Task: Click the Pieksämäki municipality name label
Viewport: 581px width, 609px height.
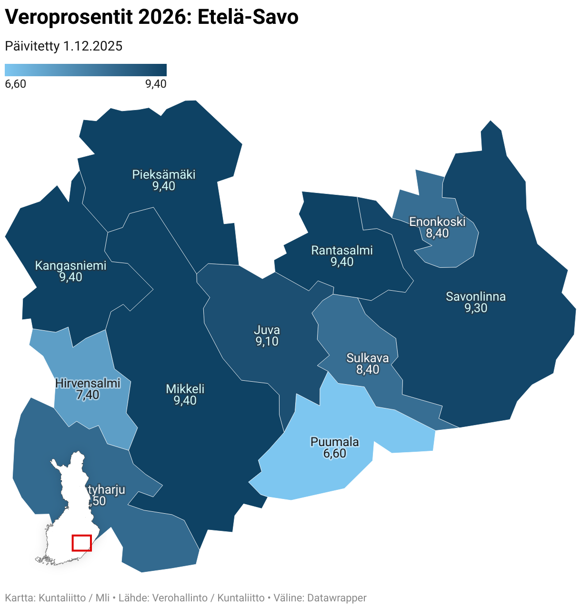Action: [164, 174]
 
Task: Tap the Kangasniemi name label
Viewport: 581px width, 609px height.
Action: [70, 265]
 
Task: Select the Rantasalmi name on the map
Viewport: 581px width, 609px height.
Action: [342, 250]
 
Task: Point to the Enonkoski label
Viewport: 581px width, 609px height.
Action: [437, 222]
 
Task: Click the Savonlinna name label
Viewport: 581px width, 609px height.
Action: [476, 296]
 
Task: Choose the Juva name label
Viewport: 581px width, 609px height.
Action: [267, 330]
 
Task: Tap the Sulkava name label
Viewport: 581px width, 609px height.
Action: [368, 358]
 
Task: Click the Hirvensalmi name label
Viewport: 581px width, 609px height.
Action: [88, 383]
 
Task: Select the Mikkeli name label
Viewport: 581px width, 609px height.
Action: [185, 389]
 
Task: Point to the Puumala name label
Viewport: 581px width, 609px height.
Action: [335, 442]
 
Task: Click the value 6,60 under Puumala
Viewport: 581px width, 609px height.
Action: [335, 453]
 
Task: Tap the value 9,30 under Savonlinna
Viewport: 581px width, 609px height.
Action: [476, 308]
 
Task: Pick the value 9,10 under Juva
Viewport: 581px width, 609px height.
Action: [267, 341]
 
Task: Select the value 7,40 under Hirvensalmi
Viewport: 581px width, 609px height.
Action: [88, 395]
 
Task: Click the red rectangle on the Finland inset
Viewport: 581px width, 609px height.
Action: [81, 543]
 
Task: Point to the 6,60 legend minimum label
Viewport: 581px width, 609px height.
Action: [15, 84]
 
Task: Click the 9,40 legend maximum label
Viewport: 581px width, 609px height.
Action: [156, 84]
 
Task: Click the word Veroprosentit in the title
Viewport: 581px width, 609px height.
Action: [69, 18]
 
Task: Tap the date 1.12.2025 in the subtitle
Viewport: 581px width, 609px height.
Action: [93, 46]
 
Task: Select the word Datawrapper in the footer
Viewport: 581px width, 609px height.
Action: [337, 598]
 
